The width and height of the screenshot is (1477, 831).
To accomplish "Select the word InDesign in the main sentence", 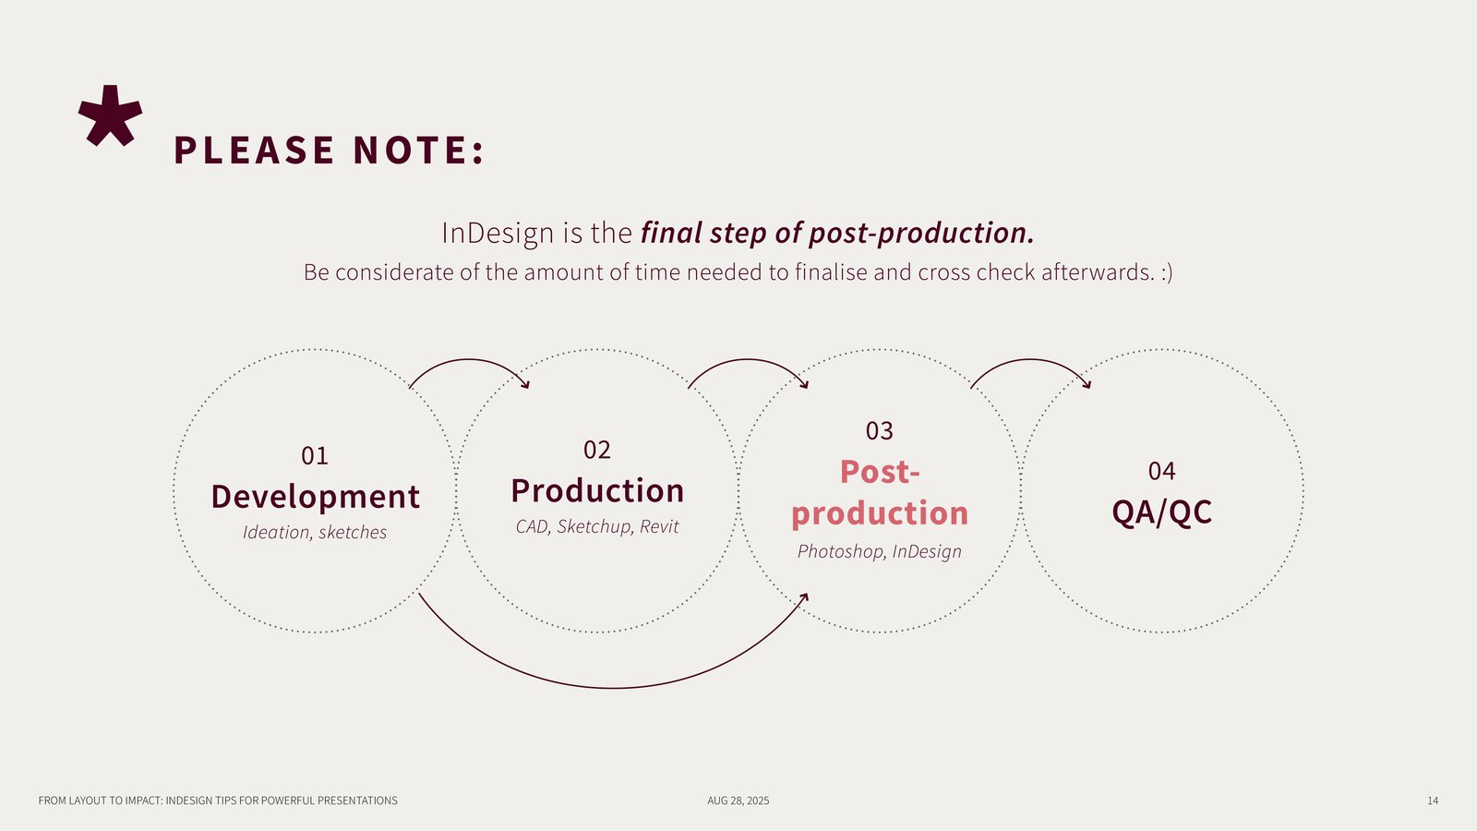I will pos(498,233).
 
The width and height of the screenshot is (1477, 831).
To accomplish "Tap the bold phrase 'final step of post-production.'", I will pos(836,233).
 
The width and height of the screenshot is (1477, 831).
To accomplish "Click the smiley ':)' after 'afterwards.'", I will pos(1167,272).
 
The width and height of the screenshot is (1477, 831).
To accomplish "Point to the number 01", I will pos(315,456).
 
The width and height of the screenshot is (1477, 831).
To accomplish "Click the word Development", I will pos(315,497).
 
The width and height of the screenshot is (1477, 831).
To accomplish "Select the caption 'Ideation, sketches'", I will pos(315,533).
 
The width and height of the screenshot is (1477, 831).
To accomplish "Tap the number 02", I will pos(597,451).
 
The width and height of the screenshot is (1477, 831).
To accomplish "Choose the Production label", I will pos(597,491).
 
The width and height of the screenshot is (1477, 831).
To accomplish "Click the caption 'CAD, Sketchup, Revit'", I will pos(597,527).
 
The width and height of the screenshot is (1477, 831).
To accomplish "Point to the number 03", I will pos(880,431).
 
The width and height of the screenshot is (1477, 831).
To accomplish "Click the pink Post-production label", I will pos(880,493).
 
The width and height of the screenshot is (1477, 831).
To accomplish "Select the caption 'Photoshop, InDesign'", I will pos(880,552).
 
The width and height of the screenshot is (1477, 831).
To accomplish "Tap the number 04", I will pos(1161,472).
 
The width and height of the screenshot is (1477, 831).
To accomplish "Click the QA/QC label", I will pos(1161,512).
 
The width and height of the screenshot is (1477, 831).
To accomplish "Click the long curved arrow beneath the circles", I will pos(614,687).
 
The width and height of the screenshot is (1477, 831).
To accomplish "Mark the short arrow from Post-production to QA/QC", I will pos(1029,361).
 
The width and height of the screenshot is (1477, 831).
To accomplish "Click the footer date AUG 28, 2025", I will pos(738,801).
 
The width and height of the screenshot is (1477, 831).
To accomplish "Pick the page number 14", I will pos(1433,801).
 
